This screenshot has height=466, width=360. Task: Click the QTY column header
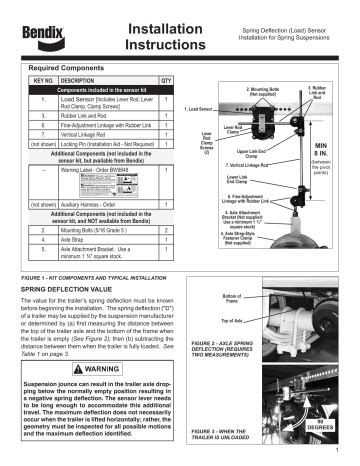pos(166,76)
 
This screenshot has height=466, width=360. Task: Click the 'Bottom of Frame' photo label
pos(232,271)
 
